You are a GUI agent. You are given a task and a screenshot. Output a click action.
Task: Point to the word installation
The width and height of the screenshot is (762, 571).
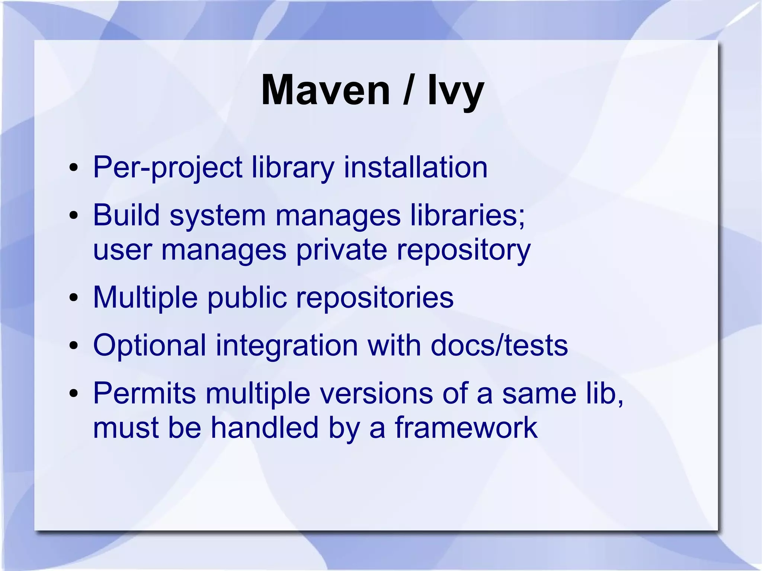415,167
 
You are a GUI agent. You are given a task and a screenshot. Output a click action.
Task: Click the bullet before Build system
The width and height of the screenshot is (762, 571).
74,215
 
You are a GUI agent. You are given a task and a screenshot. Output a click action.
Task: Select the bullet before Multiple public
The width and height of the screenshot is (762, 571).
74,298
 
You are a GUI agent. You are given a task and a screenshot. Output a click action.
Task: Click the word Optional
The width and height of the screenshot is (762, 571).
150,346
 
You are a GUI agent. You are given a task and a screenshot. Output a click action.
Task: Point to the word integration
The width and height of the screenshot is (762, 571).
287,346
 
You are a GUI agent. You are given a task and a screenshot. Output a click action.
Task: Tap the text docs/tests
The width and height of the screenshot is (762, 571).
499,346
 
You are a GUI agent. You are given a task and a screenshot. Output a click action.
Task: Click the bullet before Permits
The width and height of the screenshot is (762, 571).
74,394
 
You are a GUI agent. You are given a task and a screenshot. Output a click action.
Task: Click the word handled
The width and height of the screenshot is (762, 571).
265,428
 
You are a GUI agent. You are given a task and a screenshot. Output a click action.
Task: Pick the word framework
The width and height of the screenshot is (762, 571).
466,428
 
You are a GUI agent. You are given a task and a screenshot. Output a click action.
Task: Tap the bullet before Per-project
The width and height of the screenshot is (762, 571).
74,168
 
